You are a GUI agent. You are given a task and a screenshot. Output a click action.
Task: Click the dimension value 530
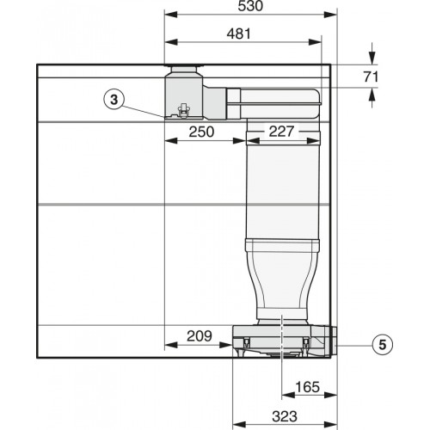coord(250,7)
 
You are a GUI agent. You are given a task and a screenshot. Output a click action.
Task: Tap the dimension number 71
coord(371,77)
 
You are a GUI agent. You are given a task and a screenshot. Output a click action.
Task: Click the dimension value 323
coord(284,415)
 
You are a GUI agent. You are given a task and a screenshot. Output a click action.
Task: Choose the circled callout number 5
coord(384,345)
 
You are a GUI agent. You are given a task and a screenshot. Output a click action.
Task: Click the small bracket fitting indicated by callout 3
coord(181,110)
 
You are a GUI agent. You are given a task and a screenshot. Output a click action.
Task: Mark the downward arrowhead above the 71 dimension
coord(372,58)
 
